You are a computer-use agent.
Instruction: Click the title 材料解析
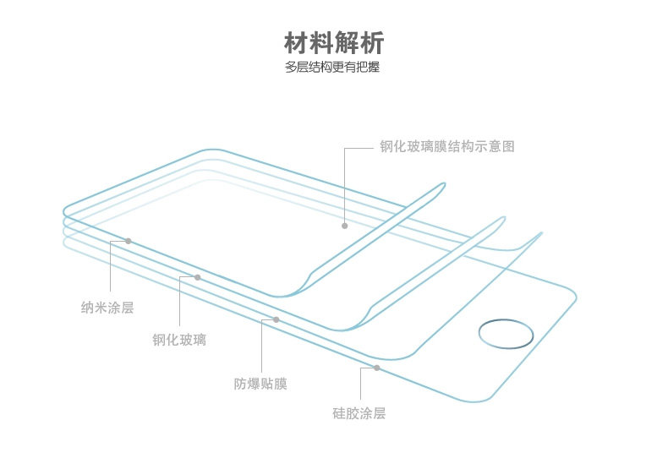pyautogui.click(x=333, y=41)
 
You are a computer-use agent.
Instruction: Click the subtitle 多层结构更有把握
pyautogui.click(x=333, y=67)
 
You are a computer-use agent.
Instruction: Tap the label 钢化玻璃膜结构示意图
pyautogui.click(x=446, y=146)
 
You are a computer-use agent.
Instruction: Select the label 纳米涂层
pyautogui.click(x=107, y=308)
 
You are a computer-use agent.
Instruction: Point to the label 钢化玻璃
pyautogui.click(x=179, y=341)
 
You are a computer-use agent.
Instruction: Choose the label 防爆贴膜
pyautogui.click(x=260, y=384)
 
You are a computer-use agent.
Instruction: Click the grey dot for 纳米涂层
pyautogui.click(x=129, y=241)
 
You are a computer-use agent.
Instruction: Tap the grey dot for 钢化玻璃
pyautogui.click(x=197, y=277)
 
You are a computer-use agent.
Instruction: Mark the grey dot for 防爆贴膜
pyautogui.click(x=276, y=319)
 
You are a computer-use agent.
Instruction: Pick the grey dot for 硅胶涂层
pyautogui.click(x=376, y=368)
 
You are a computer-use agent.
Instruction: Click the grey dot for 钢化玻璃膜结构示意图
pyautogui.click(x=345, y=226)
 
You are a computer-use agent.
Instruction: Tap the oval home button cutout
pyautogui.click(x=506, y=333)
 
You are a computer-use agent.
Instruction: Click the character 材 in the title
pyautogui.click(x=295, y=41)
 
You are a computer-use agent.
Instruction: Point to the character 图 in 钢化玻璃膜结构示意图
pyautogui.click(x=507, y=146)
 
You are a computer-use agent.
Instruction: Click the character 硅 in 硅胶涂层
pyautogui.click(x=339, y=413)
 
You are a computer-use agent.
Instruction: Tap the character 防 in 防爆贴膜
pyautogui.click(x=240, y=384)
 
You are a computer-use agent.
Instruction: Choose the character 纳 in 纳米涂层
pyautogui.click(x=87, y=308)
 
